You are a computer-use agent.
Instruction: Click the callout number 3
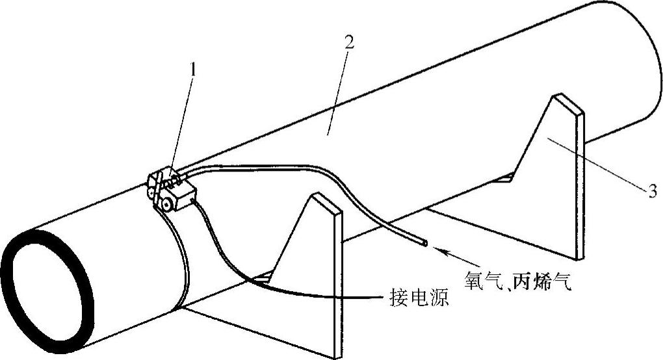point(650,190)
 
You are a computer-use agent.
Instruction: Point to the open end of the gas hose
point(424,244)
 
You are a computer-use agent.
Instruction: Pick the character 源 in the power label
point(439,300)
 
